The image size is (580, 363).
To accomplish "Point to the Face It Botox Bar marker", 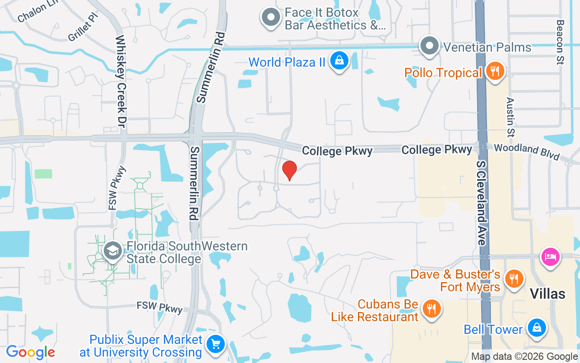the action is [271, 18].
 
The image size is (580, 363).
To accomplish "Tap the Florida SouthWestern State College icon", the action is [112, 251].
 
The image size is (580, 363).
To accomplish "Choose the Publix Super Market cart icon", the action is [216, 344].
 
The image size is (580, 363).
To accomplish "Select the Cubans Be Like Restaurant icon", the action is [431, 309].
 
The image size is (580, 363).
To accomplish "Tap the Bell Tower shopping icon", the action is [536, 328].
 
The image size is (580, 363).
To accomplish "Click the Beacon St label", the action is [561, 42].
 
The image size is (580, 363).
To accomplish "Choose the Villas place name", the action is [548, 294].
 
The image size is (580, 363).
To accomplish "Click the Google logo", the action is [30, 352].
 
